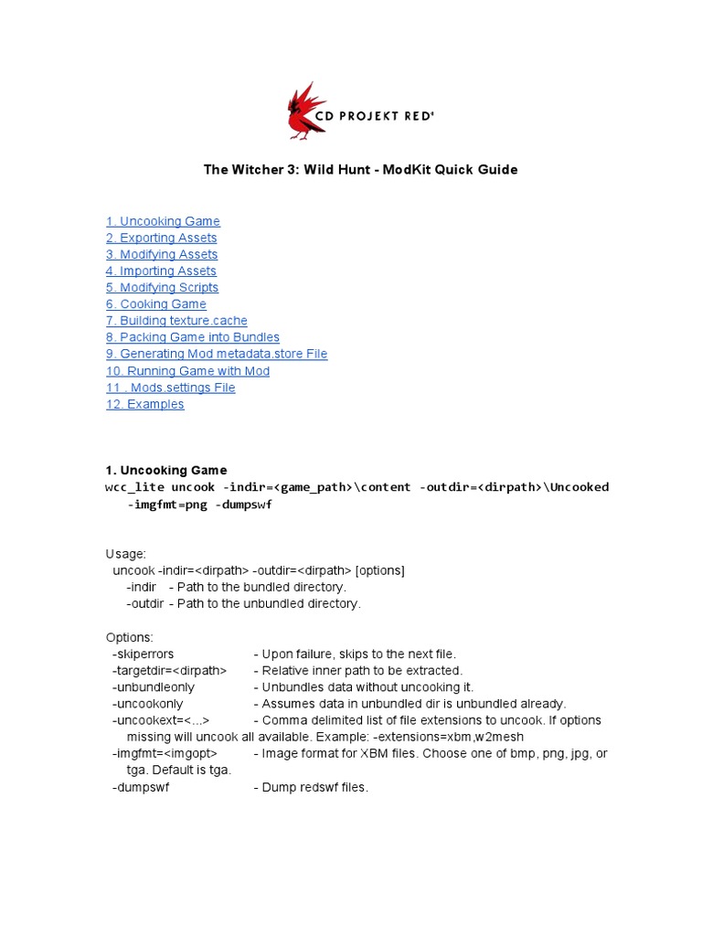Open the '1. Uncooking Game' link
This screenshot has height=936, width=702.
[x=163, y=221]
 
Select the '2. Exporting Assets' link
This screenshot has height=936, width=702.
[x=161, y=238]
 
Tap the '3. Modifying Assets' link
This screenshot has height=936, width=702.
[x=162, y=254]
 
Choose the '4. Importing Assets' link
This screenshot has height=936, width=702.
[x=161, y=271]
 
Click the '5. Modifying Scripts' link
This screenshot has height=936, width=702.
[x=162, y=287]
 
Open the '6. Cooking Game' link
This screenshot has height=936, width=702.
[x=155, y=303]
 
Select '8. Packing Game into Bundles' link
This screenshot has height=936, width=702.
[x=192, y=337]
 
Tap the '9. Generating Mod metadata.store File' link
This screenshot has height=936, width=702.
[x=216, y=354]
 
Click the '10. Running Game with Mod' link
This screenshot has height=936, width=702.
[x=187, y=371]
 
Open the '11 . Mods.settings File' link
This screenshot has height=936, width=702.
[x=170, y=388]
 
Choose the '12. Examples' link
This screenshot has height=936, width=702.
[x=144, y=404]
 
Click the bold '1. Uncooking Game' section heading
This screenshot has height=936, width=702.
[x=166, y=471]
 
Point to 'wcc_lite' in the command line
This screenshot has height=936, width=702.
[x=134, y=487]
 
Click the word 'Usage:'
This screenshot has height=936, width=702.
[x=125, y=554]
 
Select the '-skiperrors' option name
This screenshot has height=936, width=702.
[x=143, y=654]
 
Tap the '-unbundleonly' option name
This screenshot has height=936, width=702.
[x=153, y=686]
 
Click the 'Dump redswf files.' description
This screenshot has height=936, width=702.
[x=314, y=787]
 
